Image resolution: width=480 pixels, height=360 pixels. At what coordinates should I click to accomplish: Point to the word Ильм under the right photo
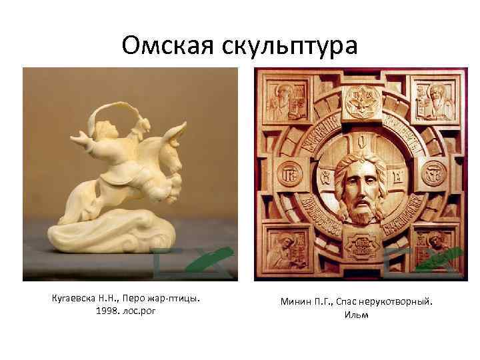click(357, 315)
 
